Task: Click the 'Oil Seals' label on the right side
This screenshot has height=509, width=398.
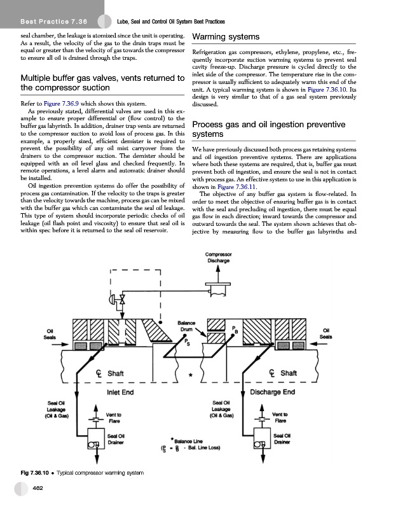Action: coord(327,333)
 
